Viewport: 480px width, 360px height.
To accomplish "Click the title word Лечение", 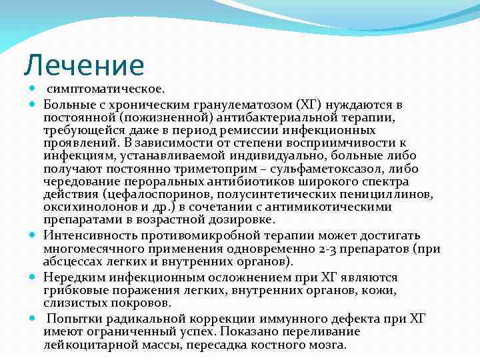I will pyautogui.click(x=84, y=65).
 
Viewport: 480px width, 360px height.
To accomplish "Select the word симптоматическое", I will pyautogui.click(x=105, y=89).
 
